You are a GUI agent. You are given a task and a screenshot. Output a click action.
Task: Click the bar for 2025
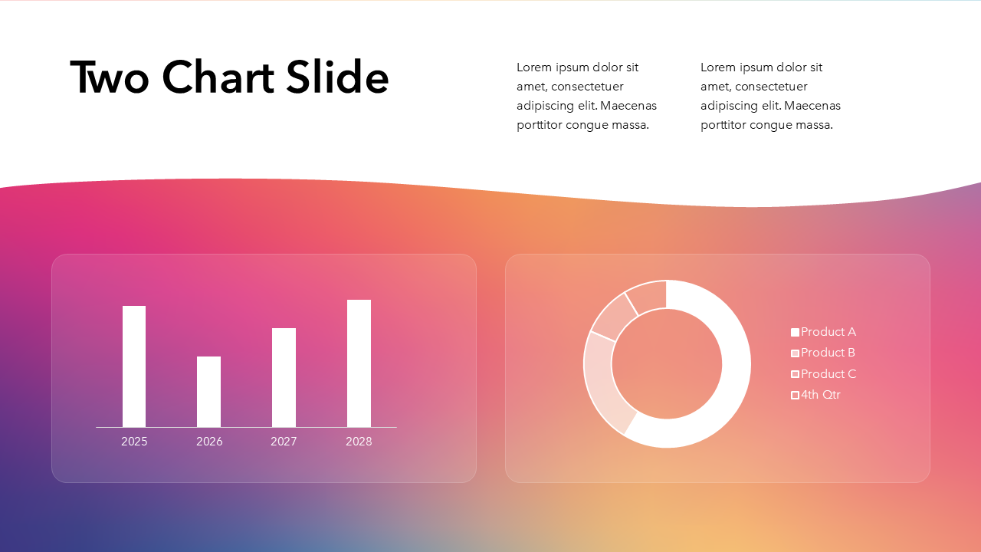pos(134,366)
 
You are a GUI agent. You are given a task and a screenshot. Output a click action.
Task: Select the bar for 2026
pos(208,392)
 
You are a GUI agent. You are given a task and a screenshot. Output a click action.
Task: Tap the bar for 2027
pos(284,377)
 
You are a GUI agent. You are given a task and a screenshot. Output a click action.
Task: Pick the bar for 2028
pos(359,363)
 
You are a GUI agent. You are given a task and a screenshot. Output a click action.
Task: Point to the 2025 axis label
pos(134,442)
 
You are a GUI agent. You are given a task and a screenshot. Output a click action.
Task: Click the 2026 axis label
pos(209,442)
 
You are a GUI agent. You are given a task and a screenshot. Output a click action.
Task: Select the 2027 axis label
pos(284,442)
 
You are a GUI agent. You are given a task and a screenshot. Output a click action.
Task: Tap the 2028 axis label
pos(359,442)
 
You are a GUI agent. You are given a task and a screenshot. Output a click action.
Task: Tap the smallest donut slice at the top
pos(648,296)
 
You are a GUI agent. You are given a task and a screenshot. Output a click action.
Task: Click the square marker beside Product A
pos(795,332)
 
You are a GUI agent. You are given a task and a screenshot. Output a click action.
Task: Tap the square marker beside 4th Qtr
pos(795,395)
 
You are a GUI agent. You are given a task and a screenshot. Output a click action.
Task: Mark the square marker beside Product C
pos(795,374)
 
